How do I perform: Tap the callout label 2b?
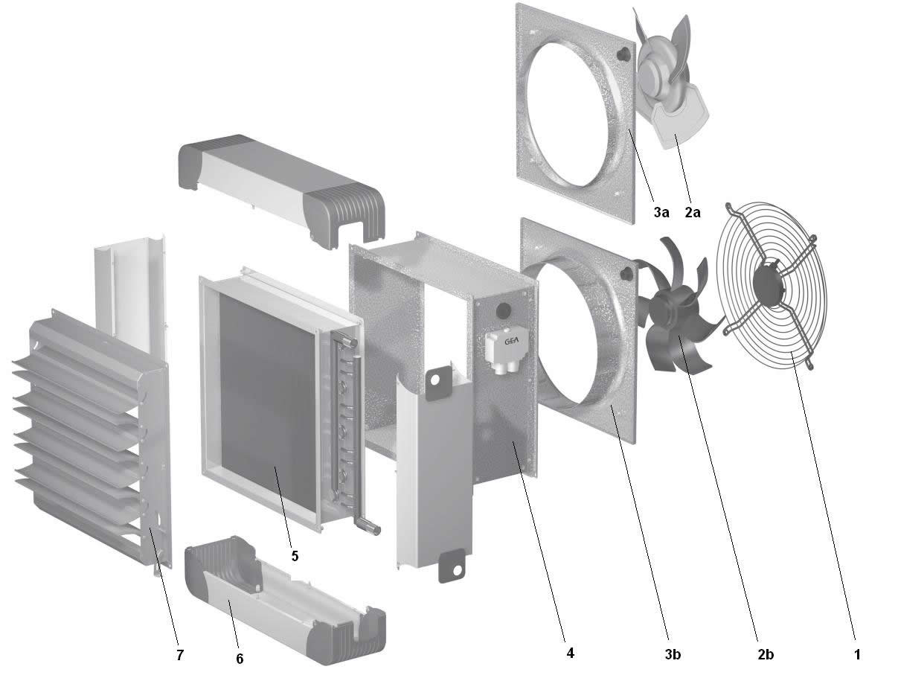(766, 655)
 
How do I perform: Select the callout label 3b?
(673, 655)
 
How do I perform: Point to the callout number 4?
(571, 653)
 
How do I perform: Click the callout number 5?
(295, 556)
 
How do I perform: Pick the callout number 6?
(240, 659)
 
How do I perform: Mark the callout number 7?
(180, 655)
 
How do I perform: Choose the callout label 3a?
(661, 212)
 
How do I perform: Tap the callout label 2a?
(693, 212)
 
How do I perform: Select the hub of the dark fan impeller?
(667, 308)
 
